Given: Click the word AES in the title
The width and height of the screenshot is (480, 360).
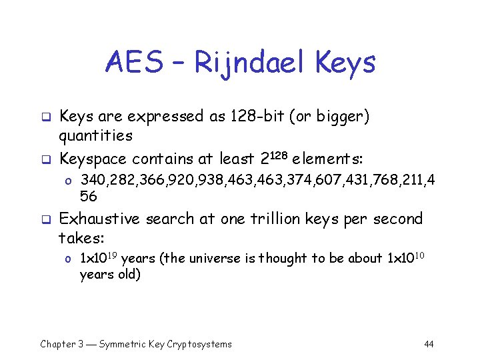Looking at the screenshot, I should (x=133, y=63).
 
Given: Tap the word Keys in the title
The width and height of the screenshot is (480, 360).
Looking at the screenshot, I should (x=346, y=63).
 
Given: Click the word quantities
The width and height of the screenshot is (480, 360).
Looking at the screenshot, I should (x=96, y=137).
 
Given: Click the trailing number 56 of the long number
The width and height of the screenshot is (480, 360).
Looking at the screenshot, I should (x=89, y=197).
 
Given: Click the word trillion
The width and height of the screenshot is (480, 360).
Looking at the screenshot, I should (x=265, y=219).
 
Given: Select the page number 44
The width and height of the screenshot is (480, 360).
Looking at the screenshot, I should (x=429, y=344).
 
